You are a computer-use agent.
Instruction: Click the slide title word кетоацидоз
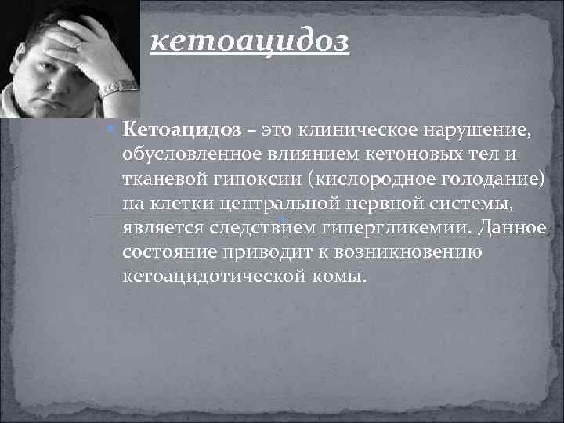(249, 41)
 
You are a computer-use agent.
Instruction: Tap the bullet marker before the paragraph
(113, 128)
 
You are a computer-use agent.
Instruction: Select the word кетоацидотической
(211, 277)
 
